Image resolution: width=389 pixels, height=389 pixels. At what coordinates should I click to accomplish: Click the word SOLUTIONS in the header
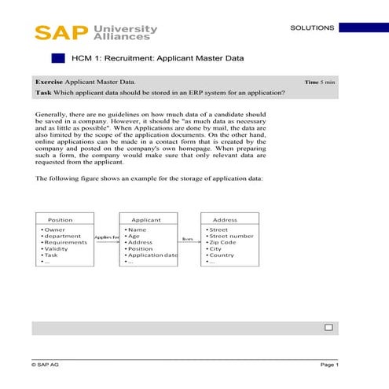[312, 28]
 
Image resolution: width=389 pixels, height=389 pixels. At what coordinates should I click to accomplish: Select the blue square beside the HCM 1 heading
[57, 58]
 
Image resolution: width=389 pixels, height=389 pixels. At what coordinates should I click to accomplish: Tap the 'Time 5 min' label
[320, 82]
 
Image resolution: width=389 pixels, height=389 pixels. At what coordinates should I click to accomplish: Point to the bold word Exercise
[49, 81]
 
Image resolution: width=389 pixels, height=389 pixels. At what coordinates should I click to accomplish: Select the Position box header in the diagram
[61, 220]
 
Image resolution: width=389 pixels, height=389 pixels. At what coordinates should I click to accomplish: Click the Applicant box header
[146, 220]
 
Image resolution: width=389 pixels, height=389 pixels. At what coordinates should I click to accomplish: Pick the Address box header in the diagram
[225, 220]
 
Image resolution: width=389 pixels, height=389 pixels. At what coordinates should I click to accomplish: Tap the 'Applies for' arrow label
[107, 237]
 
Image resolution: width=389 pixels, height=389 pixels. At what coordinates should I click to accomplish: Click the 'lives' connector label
[187, 237]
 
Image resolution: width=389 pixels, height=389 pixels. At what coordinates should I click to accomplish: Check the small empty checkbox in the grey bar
[328, 327]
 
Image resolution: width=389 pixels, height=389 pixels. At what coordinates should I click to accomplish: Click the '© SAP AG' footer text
[46, 365]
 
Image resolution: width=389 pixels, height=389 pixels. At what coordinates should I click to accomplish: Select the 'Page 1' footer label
[329, 365]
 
